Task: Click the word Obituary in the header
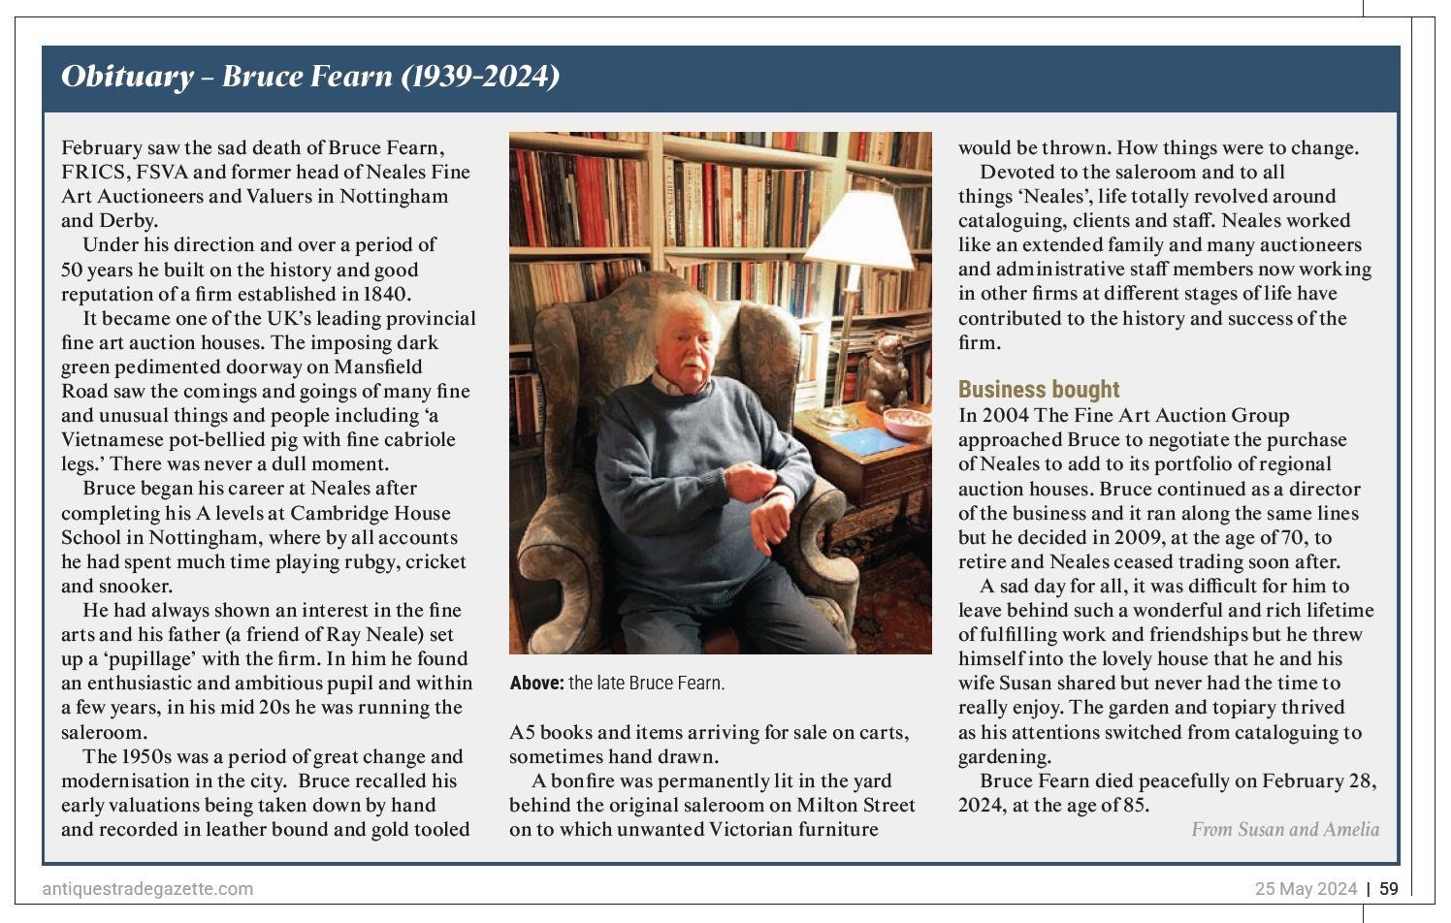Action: click(x=127, y=76)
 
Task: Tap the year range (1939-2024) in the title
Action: click(x=480, y=76)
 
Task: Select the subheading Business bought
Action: click(x=1038, y=390)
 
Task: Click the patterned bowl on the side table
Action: click(x=907, y=421)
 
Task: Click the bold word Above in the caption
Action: click(x=535, y=684)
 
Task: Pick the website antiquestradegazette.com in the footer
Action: click(x=147, y=889)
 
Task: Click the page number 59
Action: click(x=1389, y=889)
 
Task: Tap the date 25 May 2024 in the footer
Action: click(x=1306, y=889)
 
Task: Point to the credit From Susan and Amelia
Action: click(x=1284, y=829)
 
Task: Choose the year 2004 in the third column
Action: click(x=1005, y=415)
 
